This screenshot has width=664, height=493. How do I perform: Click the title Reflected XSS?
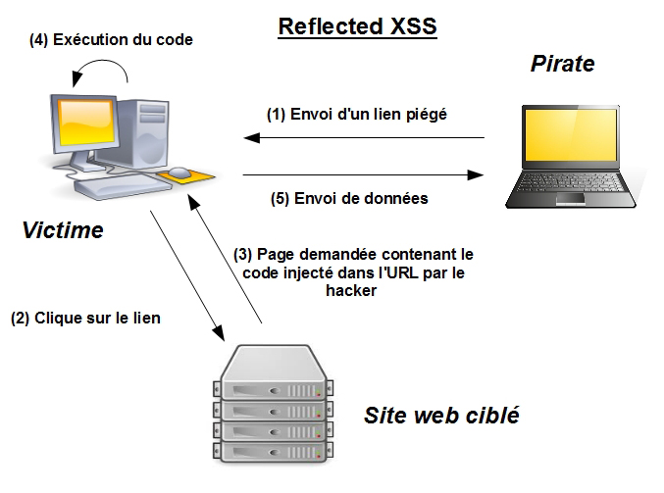click(x=357, y=26)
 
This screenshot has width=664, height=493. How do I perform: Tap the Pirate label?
click(x=562, y=64)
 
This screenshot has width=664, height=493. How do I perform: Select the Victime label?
click(x=62, y=231)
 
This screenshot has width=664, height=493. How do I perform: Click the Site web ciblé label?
click(x=440, y=415)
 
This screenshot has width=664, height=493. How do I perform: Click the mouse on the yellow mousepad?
click(x=179, y=173)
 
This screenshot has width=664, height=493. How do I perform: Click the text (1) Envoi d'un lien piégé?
click(x=357, y=114)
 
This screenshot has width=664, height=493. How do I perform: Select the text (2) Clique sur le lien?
click(x=85, y=318)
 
